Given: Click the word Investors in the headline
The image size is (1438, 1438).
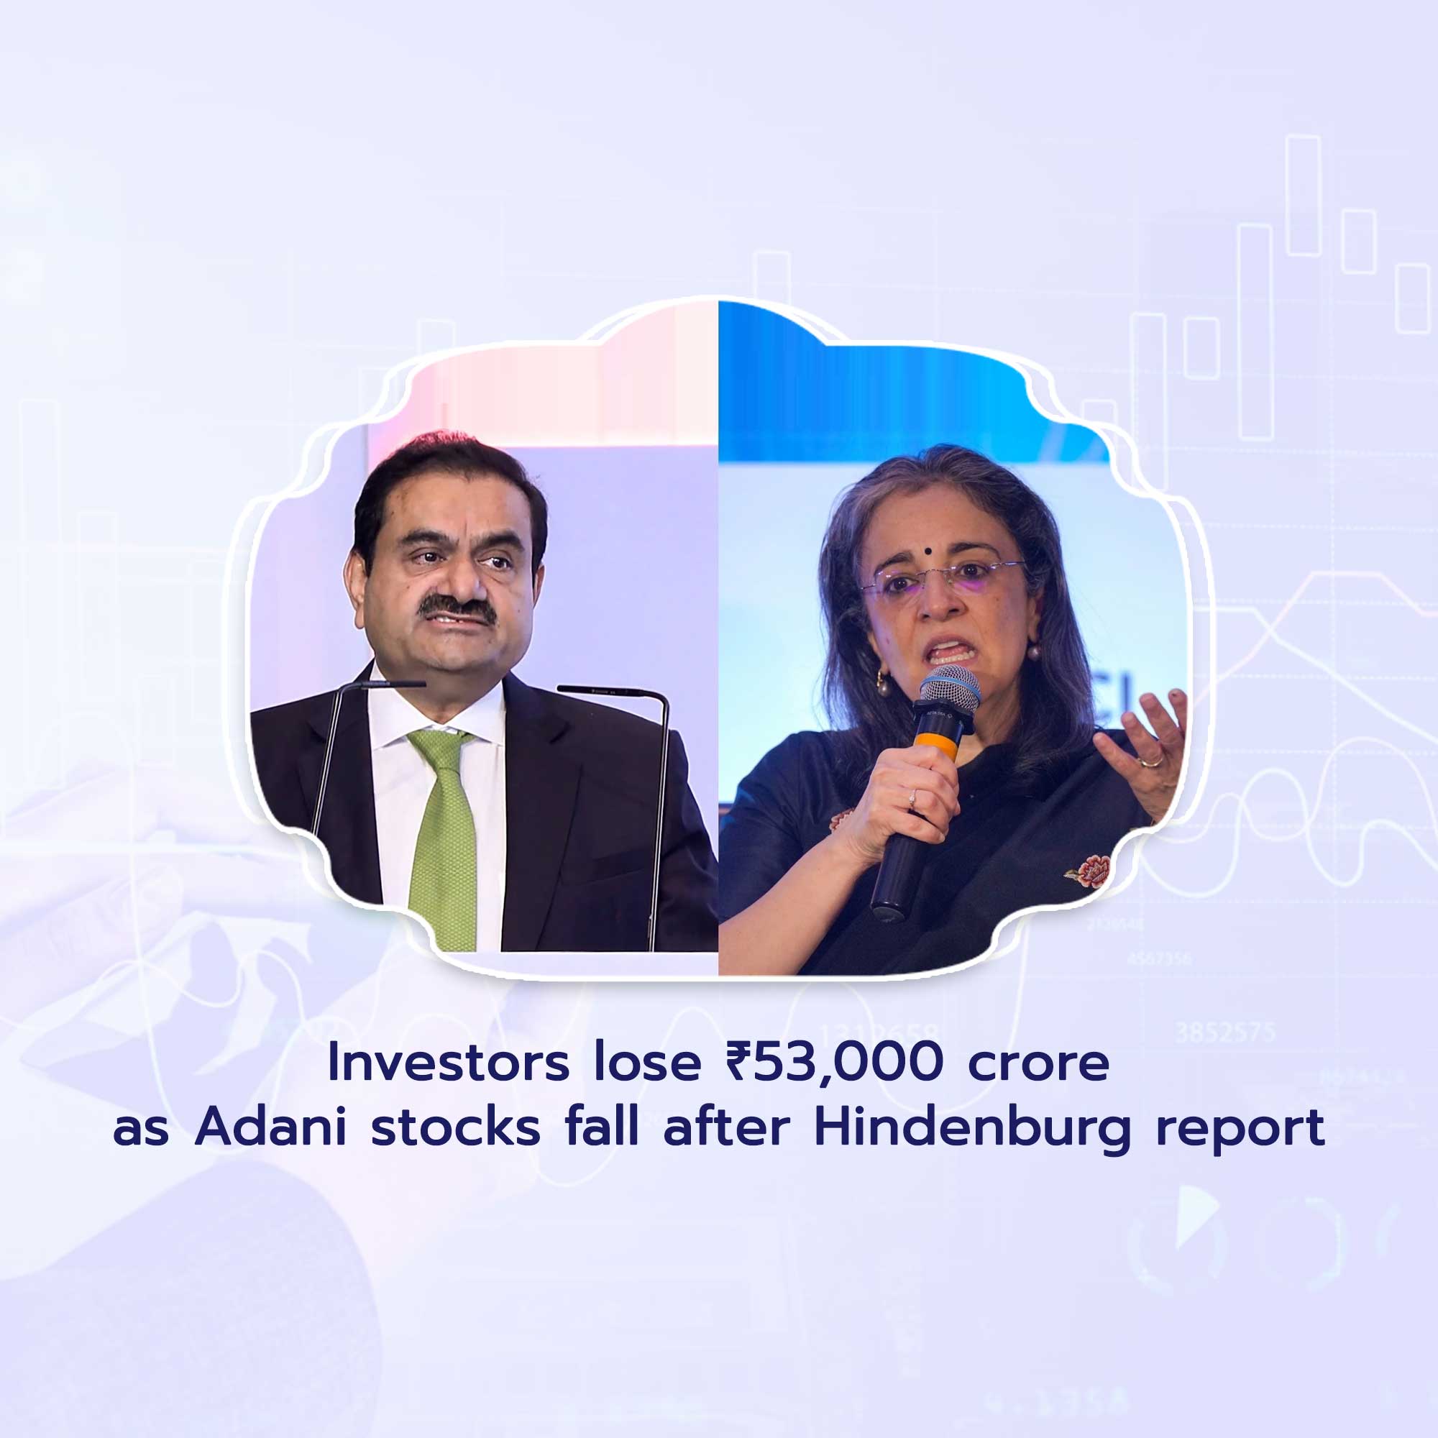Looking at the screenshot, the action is point(448,1063).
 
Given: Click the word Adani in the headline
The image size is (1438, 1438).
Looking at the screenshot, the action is point(271,1127).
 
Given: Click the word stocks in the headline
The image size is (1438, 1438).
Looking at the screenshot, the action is point(456,1127).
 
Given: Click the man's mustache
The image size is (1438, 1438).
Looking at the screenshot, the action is point(456,609).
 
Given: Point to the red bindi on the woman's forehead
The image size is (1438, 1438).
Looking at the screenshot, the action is point(932,554).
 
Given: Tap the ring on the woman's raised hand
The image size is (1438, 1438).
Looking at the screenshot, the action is point(1150,761).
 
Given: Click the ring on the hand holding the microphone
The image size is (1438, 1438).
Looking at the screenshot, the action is point(911,799).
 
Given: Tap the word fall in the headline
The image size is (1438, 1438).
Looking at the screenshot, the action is point(601,1127).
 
